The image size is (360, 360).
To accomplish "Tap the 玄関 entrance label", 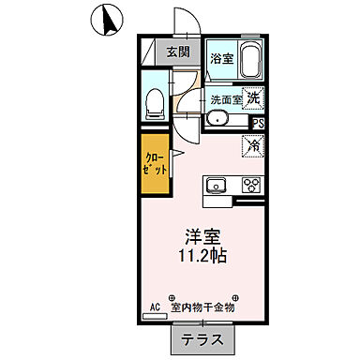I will click(x=178, y=52).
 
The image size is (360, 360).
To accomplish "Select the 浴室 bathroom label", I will click(x=220, y=57).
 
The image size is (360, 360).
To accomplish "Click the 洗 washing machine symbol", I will click(x=253, y=95).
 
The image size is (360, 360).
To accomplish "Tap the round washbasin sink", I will click(x=217, y=118).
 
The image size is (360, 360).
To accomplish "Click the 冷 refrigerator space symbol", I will click(x=252, y=145).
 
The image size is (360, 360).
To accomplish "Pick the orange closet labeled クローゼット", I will click(x=157, y=165).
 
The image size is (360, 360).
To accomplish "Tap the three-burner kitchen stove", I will click(x=250, y=183).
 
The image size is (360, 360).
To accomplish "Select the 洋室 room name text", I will click(x=202, y=234).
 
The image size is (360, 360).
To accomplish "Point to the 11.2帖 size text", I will click(x=202, y=255).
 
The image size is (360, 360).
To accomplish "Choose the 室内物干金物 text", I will click(x=202, y=307).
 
